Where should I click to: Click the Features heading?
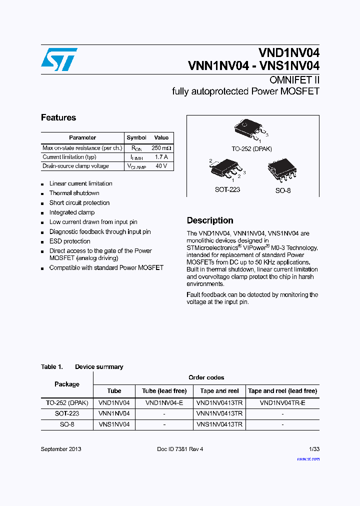tap(58, 118)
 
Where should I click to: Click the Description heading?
tap(210, 220)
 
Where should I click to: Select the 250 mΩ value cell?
tap(161, 148)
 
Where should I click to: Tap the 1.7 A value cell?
tap(161, 157)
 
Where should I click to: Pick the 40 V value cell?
tap(161, 166)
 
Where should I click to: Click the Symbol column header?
tap(136, 137)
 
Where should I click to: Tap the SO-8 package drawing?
tap(282, 170)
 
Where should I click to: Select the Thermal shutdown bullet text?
tap(74, 193)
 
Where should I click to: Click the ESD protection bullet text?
tap(69, 241)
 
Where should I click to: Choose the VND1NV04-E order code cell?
tap(164, 402)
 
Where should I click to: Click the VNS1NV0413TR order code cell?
tap(219, 424)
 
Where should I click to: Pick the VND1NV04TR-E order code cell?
tap(282, 402)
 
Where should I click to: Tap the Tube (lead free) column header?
tap(164, 391)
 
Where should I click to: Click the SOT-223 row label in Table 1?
tap(67, 413)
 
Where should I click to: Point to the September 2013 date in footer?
tap(61, 449)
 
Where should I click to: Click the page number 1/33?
tap(314, 449)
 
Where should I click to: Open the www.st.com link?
tap(308, 458)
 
